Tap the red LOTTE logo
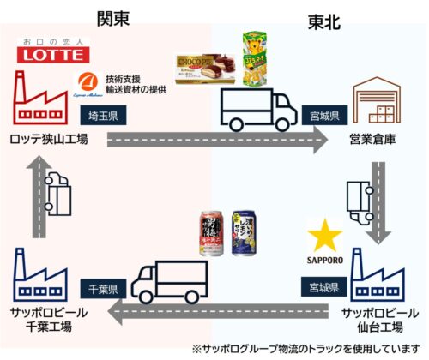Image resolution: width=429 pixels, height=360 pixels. (53, 54)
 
